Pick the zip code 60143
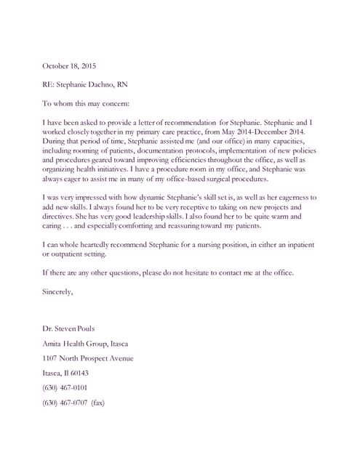tap(77, 373)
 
